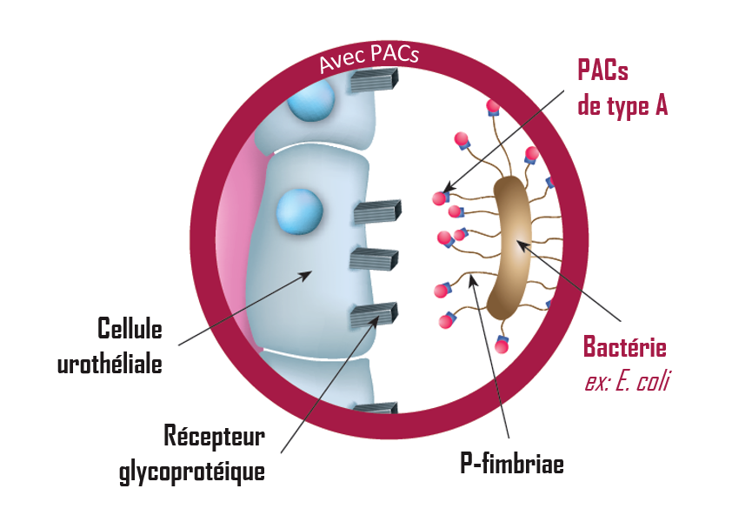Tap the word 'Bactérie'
point(624,348)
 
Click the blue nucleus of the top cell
point(310,102)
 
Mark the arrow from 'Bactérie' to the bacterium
point(573,286)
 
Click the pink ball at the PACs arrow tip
point(440,198)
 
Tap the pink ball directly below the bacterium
point(501,345)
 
